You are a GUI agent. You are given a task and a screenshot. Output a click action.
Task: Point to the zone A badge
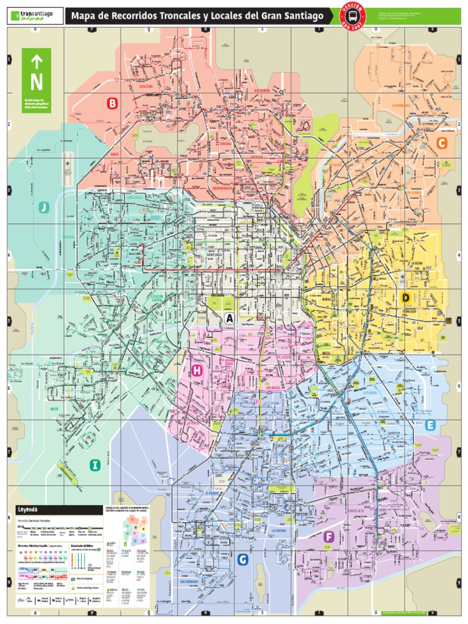(229, 318)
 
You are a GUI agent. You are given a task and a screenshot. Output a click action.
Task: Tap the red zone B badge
(112, 104)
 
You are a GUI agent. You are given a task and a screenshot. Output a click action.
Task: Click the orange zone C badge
(442, 143)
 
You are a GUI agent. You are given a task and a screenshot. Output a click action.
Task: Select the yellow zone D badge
(406, 297)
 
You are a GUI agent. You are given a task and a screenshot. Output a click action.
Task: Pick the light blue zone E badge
(430, 425)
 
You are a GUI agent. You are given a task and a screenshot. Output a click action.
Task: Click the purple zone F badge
(328, 536)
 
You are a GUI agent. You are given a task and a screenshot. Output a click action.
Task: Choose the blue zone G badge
(243, 559)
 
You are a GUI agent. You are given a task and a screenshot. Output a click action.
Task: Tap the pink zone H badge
(197, 370)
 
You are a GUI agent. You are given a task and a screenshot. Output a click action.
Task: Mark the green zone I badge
(94, 466)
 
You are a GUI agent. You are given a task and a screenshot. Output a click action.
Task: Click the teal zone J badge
(43, 208)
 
